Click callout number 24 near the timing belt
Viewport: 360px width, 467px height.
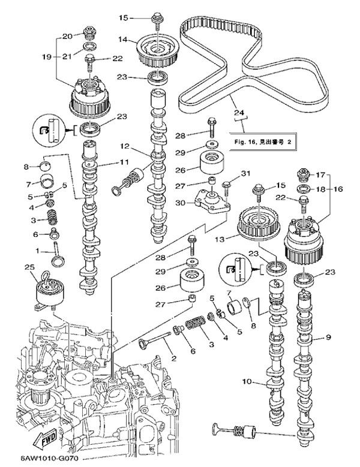coord(239,112)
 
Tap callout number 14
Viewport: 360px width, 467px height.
coord(122,40)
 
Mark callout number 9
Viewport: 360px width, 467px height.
coord(329,338)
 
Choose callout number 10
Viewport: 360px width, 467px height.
coord(246,381)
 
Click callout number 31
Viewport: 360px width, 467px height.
coord(244,174)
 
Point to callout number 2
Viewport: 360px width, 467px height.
coord(173,358)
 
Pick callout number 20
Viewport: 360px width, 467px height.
coord(68,35)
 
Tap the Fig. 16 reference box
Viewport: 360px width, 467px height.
coord(263,141)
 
